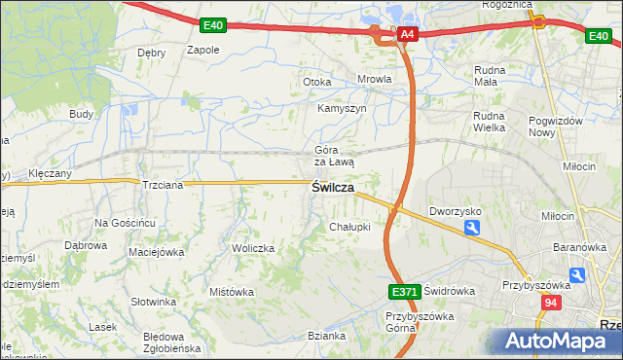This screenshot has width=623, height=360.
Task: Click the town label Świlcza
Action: pos(332,188)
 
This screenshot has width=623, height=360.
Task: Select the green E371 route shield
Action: pos(404,291)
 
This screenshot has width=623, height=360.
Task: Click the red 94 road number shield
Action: pos(551,304)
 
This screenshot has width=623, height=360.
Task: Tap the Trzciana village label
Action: pos(163,185)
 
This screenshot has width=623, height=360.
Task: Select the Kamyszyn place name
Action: pos(342,108)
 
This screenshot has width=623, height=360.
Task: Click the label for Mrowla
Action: pos(374,81)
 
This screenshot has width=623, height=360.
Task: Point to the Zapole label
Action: pos(202,50)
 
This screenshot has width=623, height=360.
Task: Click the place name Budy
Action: pos(81,114)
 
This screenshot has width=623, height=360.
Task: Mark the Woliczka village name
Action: pos(253,249)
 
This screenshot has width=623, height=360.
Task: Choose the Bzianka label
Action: pos(326,337)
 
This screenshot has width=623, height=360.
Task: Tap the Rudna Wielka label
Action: pos(493,120)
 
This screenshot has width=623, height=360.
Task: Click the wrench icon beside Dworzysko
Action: pos(472,228)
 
